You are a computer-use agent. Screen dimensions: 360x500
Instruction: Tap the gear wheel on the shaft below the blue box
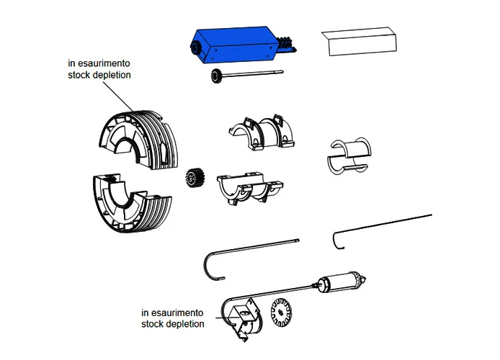[x=215, y=77]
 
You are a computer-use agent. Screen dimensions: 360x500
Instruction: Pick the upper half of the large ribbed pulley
[x=136, y=136]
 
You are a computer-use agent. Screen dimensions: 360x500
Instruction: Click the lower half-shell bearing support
[x=249, y=186]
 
